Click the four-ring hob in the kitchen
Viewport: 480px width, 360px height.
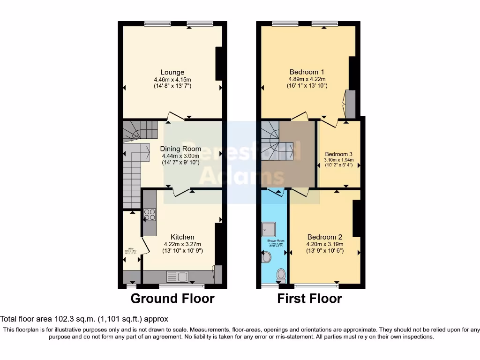coord(150,215)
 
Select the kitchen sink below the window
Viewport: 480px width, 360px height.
coord(176,277)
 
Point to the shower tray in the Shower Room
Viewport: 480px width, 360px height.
coord(270,229)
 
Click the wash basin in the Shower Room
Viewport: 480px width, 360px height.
coord(266,257)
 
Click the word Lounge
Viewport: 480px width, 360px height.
coord(172,72)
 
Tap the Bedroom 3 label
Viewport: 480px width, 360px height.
coord(338,154)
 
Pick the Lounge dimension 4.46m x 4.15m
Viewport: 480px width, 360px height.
coord(172,80)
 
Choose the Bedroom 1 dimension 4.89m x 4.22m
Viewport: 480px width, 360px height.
coord(307,79)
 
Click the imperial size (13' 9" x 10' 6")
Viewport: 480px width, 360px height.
coord(325,251)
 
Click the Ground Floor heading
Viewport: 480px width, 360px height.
coord(172,299)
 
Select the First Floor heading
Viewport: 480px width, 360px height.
coord(309,299)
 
